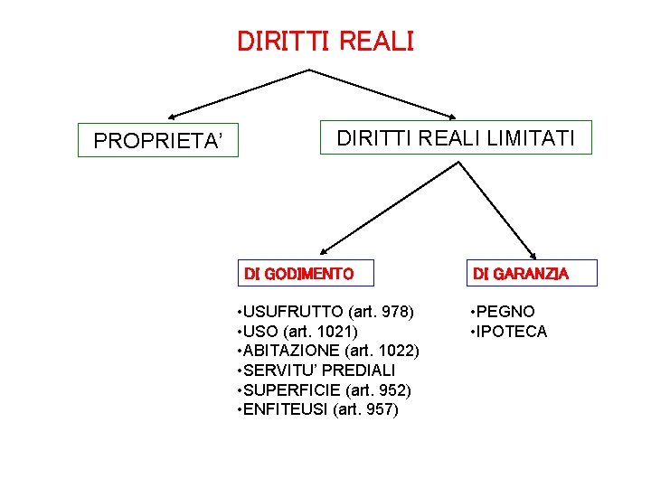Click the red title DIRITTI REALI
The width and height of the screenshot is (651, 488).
point(325,42)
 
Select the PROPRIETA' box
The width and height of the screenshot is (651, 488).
point(158,141)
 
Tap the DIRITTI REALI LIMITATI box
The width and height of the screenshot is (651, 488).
point(456,138)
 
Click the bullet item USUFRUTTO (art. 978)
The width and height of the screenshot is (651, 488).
point(324,312)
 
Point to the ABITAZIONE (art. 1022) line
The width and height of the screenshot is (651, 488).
point(325,351)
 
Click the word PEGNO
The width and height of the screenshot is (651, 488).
point(506,312)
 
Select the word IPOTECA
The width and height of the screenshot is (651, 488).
point(512,332)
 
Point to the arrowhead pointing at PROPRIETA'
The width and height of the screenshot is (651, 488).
point(173,117)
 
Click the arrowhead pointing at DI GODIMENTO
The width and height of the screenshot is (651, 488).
point(325,249)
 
